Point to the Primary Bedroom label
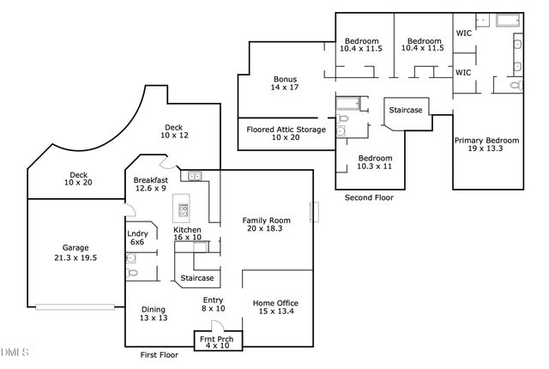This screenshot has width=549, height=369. pyautogui.click(x=486, y=145)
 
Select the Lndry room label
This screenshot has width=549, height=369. pyautogui.click(x=137, y=238)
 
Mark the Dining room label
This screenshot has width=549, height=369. pyautogui.click(x=154, y=314)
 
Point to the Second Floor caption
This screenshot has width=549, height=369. pyautogui.click(x=369, y=197)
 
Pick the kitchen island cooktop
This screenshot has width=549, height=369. pyautogui.click(x=182, y=208)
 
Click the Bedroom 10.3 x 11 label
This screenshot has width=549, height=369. pyautogui.click(x=375, y=162)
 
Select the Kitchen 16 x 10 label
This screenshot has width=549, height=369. pyautogui.click(x=187, y=234)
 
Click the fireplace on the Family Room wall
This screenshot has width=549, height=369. pyautogui.click(x=315, y=211)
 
